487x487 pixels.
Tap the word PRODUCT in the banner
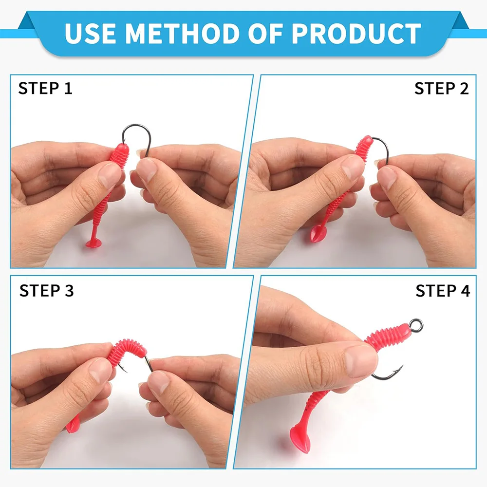click(356, 33)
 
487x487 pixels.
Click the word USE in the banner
click(91, 33)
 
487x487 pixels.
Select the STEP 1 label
click(45, 88)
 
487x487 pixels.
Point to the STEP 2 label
click(441, 89)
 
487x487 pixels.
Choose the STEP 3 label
click(47, 291)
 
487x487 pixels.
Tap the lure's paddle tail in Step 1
click(95, 243)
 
